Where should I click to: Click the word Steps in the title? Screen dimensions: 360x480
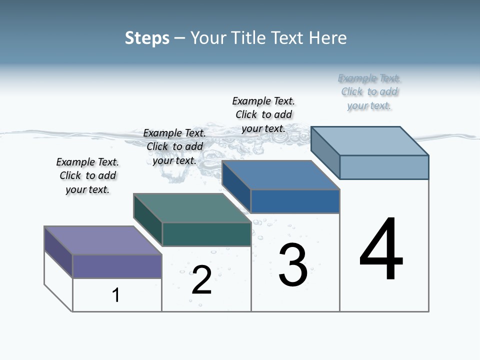click(x=147, y=38)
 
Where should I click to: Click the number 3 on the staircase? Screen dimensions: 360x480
click(x=293, y=265)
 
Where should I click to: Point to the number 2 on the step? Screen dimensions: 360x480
click(x=201, y=280)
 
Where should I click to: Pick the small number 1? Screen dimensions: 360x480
click(x=116, y=295)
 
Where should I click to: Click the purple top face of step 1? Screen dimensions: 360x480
click(x=102, y=240)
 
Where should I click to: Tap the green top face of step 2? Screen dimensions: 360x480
click(x=192, y=208)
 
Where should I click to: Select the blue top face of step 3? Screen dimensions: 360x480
click(x=280, y=175)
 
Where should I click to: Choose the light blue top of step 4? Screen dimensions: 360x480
click(x=369, y=141)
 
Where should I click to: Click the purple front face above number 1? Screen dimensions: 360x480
click(x=117, y=266)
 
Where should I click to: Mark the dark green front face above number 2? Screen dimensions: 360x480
click(x=206, y=234)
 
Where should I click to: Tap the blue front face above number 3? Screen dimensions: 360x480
click(x=295, y=201)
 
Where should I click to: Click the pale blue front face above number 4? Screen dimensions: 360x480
click(x=384, y=167)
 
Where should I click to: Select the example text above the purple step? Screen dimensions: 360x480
click(x=87, y=175)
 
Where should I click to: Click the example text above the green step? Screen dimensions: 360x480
click(x=174, y=146)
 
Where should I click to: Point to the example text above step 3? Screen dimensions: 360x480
click(x=263, y=114)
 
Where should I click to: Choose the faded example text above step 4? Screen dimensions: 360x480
click(x=369, y=91)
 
